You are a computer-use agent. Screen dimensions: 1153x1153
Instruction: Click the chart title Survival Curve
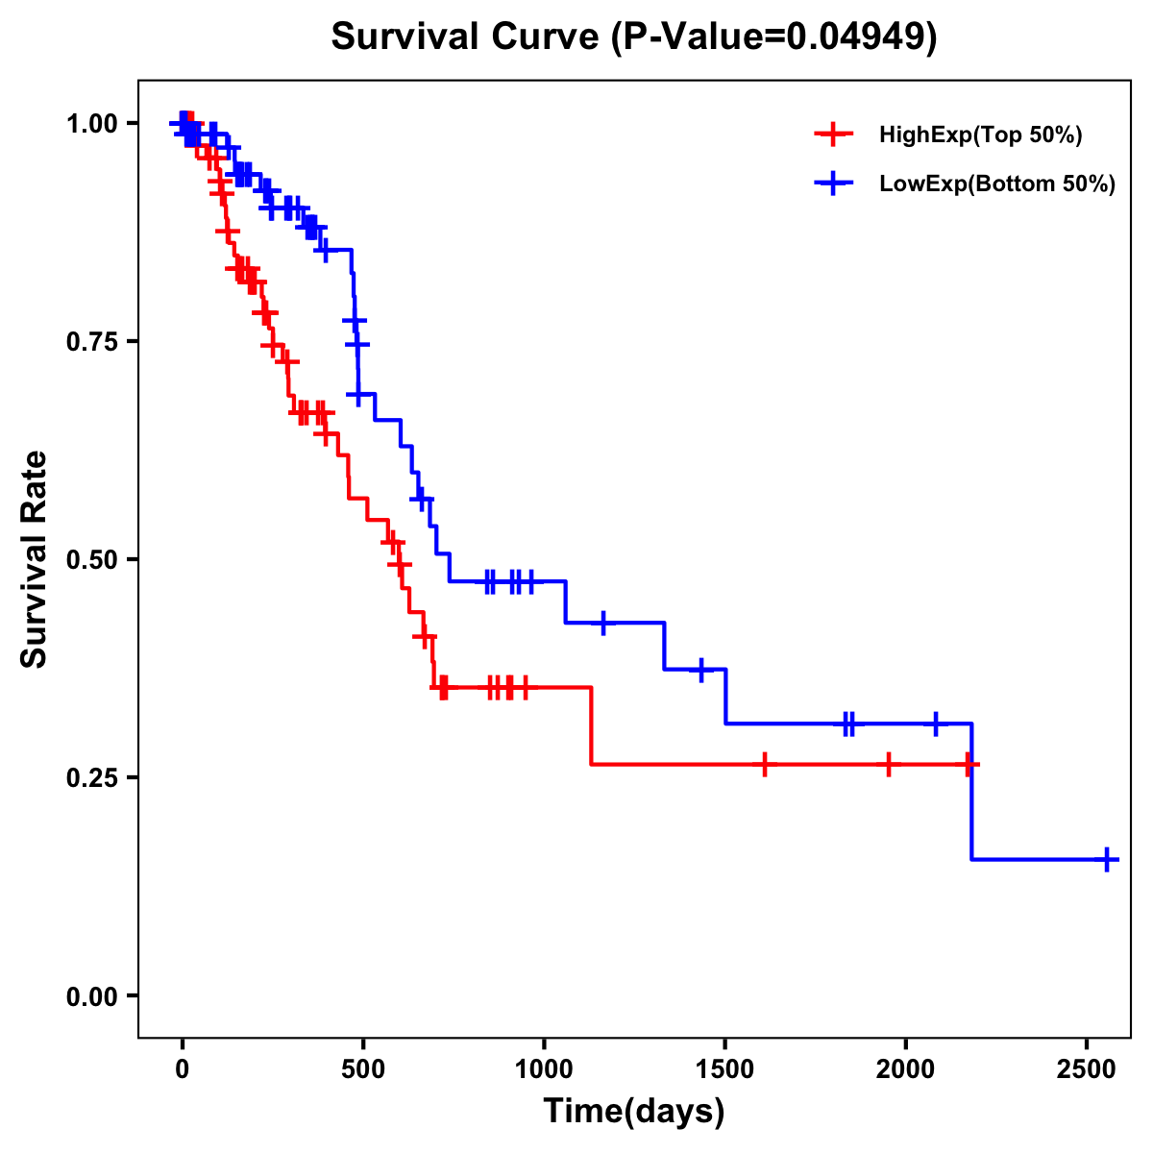466,37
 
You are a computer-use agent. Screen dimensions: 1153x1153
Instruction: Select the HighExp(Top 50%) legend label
981,135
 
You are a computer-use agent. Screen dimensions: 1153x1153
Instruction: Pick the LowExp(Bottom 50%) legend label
997,184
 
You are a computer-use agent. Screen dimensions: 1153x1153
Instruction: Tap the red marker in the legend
833,135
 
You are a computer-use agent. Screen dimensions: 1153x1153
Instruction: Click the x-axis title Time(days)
634,1112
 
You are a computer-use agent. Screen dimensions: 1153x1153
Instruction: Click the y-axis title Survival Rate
35,559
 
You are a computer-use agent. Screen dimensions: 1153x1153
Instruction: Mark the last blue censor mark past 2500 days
1107,859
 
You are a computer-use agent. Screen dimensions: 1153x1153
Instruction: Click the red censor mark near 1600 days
764,765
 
